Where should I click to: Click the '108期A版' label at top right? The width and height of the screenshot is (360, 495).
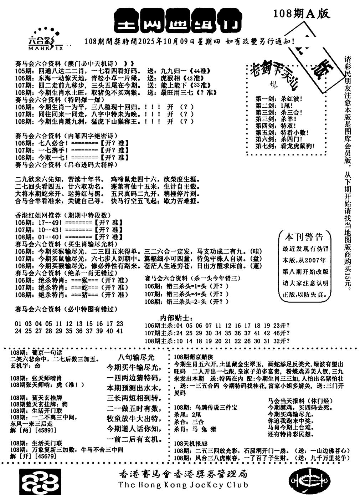point(301,14)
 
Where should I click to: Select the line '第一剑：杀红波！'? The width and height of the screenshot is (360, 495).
point(278,99)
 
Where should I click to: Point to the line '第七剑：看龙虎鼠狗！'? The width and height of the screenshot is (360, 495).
point(285,146)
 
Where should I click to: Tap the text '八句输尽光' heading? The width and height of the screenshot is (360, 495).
point(136,357)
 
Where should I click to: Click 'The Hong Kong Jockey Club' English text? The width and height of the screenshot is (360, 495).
point(183,485)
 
